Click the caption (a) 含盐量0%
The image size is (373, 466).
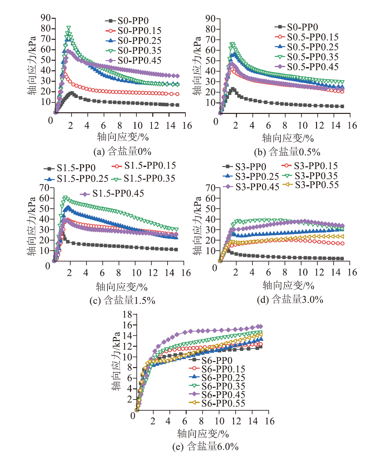[122, 151]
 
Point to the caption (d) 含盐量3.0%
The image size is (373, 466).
[290, 299]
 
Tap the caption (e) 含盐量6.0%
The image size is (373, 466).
[205, 447]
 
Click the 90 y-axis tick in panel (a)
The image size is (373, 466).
[46, 18]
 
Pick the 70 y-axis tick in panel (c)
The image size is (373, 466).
[45, 188]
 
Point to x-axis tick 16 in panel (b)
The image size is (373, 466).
[352, 126]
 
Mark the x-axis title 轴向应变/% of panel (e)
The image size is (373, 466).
[203, 434]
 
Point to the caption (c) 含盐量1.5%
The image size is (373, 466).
[122, 300]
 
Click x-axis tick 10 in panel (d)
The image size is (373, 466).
[303, 272]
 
